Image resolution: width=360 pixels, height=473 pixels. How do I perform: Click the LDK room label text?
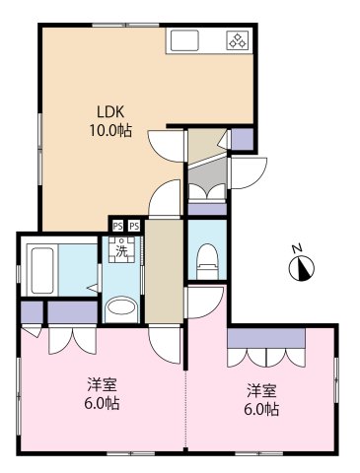[x=110, y=112]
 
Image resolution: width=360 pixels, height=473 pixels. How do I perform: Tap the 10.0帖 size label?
[x=110, y=131]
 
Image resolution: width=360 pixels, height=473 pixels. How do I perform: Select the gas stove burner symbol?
[x=238, y=40]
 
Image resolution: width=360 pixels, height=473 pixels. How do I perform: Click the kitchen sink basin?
[x=184, y=40]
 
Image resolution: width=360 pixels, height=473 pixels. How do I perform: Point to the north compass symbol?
[x=301, y=267]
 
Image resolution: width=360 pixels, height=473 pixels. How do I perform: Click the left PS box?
[x=117, y=226]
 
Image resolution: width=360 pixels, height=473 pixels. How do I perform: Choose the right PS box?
[x=134, y=226]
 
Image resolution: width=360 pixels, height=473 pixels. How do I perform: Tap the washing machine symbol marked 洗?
[x=122, y=250]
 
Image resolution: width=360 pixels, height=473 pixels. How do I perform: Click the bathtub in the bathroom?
[x=42, y=271]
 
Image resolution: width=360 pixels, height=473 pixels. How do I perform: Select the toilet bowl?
[x=208, y=261]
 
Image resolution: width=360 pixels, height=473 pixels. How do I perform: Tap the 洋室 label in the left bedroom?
[x=102, y=384]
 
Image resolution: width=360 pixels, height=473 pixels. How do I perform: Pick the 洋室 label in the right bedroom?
[x=261, y=390]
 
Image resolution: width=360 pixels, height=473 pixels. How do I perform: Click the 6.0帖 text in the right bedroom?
[x=261, y=410]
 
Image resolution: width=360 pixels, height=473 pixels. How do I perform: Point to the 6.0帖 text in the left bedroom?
[x=102, y=403]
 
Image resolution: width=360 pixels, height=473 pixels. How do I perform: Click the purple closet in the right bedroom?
[x=266, y=338]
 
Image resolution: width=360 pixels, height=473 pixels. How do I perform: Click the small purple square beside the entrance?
[x=243, y=139]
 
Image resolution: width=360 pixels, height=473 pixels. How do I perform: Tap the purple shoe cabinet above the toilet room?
[x=207, y=209]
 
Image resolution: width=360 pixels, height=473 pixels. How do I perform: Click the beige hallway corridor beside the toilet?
[x=164, y=271]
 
